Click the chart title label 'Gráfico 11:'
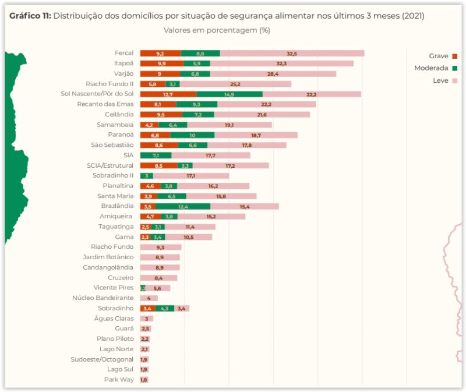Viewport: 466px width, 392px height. (30, 16)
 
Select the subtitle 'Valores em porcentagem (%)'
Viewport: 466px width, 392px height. (216, 30)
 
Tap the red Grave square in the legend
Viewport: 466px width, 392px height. (455, 56)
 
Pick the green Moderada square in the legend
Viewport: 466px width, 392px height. (455, 68)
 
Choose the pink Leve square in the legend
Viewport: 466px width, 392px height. (455, 81)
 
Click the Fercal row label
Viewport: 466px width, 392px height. (124, 53)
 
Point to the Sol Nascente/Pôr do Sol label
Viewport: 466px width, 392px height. (97, 94)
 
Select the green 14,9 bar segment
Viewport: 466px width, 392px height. (229, 94)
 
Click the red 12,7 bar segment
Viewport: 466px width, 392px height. (168, 94)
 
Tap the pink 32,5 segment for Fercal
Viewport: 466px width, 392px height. (292, 54)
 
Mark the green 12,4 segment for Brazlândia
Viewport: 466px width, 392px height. (183, 206)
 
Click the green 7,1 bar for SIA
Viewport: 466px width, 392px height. (156, 156)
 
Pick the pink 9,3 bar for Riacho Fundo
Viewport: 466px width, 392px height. (160, 247)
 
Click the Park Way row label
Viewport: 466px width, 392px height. (120, 379)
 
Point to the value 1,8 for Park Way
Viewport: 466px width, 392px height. (144, 380)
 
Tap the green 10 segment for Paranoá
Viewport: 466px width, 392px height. (192, 135)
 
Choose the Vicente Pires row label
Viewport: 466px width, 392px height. (113, 288)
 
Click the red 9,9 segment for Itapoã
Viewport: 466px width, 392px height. (162, 63)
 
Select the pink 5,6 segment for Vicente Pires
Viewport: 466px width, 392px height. (158, 288)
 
